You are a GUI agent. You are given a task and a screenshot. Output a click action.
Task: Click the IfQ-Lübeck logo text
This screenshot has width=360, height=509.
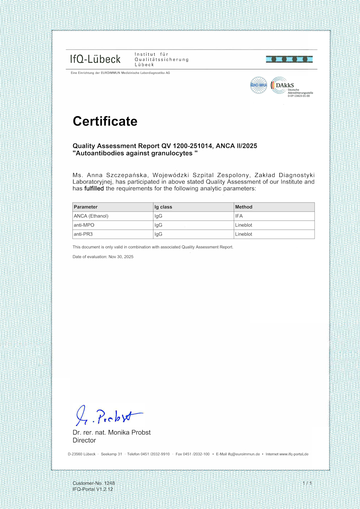(x=95, y=59)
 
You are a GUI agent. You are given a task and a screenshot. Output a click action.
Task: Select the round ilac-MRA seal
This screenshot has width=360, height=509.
(x=258, y=85)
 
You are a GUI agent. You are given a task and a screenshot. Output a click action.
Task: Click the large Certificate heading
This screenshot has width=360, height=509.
(x=105, y=121)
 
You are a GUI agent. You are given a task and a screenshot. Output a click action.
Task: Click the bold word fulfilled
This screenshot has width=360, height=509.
(x=94, y=188)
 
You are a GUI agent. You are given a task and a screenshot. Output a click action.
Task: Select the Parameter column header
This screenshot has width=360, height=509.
(x=86, y=207)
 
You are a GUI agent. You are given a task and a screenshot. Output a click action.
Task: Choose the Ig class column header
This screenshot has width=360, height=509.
(x=163, y=207)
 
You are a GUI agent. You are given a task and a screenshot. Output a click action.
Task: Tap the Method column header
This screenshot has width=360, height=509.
(x=244, y=207)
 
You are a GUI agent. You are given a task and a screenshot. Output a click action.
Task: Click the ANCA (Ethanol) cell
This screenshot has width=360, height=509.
(x=91, y=216)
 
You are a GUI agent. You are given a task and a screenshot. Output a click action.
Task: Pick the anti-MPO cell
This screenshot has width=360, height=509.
(x=84, y=225)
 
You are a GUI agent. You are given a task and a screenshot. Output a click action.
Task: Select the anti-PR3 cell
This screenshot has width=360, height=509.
(x=83, y=234)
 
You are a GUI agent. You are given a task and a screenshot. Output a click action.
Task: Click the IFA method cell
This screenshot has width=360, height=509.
(x=239, y=216)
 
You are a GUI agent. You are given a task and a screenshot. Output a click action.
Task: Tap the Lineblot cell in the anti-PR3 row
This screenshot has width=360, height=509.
(x=244, y=234)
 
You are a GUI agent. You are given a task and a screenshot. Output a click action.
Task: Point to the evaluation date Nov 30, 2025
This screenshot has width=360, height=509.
(x=121, y=257)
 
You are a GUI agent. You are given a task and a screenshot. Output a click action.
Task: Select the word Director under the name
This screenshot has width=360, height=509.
(x=84, y=440)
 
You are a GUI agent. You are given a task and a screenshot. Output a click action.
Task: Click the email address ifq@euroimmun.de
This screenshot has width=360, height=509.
(x=244, y=454)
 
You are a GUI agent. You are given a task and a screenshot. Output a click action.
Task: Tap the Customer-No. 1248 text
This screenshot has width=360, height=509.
(x=94, y=483)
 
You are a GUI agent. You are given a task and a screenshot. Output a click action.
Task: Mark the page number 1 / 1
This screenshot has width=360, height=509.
(x=307, y=483)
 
